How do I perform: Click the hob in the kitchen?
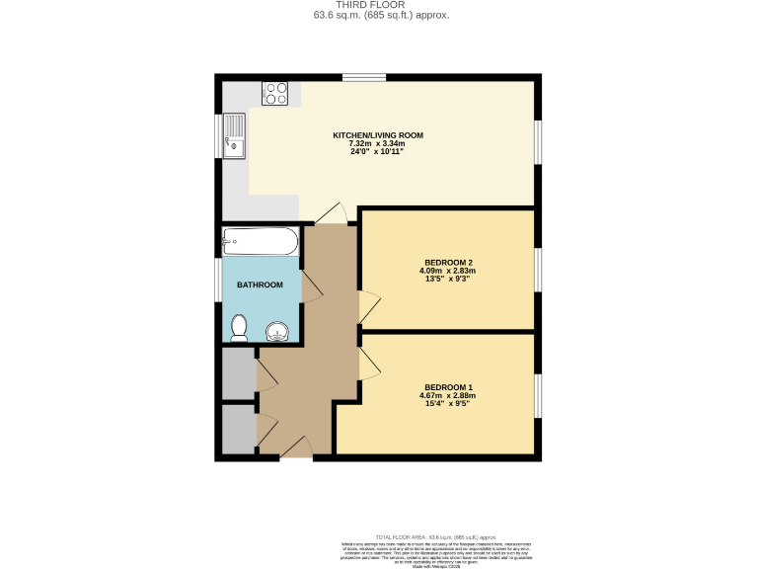click(275, 94)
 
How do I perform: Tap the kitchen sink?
click(234, 136)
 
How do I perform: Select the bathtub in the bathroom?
click(261, 241)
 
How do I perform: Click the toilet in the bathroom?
click(239, 328)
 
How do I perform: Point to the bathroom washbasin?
click(277, 331)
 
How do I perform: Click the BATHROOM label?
click(260, 285)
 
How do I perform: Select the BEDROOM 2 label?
click(449, 262)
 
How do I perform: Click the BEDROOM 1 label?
click(449, 386)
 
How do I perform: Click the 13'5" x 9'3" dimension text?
click(449, 279)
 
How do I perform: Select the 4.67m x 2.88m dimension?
click(449, 395)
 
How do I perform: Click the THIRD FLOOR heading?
click(379, 5)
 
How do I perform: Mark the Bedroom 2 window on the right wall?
click(538, 270)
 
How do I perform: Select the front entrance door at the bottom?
click(296, 450)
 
